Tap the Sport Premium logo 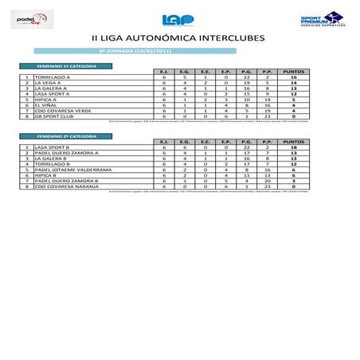coord(322,20)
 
